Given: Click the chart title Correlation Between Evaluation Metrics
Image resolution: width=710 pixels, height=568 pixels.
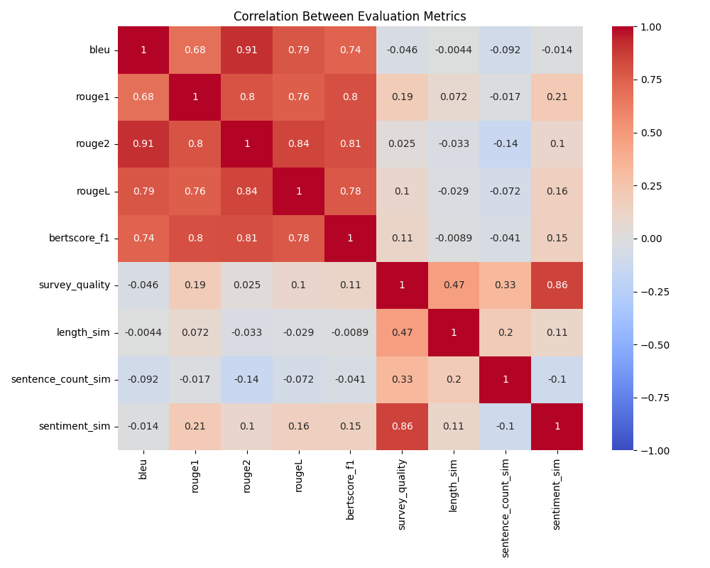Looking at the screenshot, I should point(349,16).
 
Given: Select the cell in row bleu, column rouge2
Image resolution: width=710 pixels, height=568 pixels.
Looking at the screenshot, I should point(247,50).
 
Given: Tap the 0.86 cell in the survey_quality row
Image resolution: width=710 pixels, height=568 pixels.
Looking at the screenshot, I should point(557,285).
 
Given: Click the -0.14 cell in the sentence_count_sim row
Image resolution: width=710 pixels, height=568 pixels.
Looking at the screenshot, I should point(247,379).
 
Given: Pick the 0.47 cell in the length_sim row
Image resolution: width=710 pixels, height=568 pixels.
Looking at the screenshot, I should point(403,332).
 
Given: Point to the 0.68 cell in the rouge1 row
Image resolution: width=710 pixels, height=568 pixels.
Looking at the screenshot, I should point(143,97).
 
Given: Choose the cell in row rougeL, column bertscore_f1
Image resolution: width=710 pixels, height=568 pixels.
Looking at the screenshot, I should point(351,191).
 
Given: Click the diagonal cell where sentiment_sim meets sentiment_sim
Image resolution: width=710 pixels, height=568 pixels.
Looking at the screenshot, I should point(557,426).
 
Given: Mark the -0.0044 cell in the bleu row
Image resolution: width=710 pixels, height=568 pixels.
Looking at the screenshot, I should point(454,50).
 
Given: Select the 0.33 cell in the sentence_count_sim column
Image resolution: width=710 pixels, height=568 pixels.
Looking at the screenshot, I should point(506,285).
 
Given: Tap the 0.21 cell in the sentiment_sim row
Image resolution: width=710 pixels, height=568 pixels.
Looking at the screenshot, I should point(195,426).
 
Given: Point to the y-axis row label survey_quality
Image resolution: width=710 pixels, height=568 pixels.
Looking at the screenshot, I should point(75,285).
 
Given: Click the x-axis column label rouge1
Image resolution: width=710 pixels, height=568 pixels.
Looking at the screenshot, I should point(195,474).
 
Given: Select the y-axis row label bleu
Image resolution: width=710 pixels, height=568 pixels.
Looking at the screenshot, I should point(99,50).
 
